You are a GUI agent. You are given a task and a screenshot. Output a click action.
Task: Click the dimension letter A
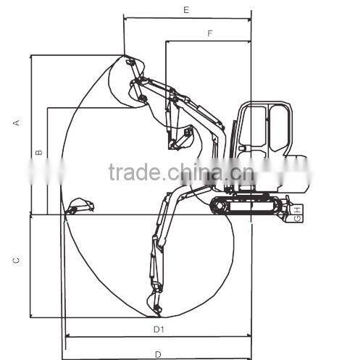click(x=17, y=122)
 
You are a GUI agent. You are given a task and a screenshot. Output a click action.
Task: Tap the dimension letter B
click(x=39, y=153)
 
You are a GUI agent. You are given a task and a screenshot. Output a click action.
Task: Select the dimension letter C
click(x=16, y=261)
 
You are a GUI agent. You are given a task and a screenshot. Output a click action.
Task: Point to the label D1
click(x=159, y=329)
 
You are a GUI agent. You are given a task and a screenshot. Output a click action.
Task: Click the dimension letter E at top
click(x=186, y=10)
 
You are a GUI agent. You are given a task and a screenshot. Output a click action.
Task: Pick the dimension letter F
click(x=210, y=33)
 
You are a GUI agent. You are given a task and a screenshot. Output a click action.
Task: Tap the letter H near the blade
click(x=298, y=209)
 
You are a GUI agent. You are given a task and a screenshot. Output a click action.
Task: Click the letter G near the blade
click(x=298, y=218)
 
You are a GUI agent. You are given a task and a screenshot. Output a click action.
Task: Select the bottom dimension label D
click(x=158, y=355)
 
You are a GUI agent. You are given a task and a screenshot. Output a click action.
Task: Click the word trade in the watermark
click(x=134, y=172)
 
